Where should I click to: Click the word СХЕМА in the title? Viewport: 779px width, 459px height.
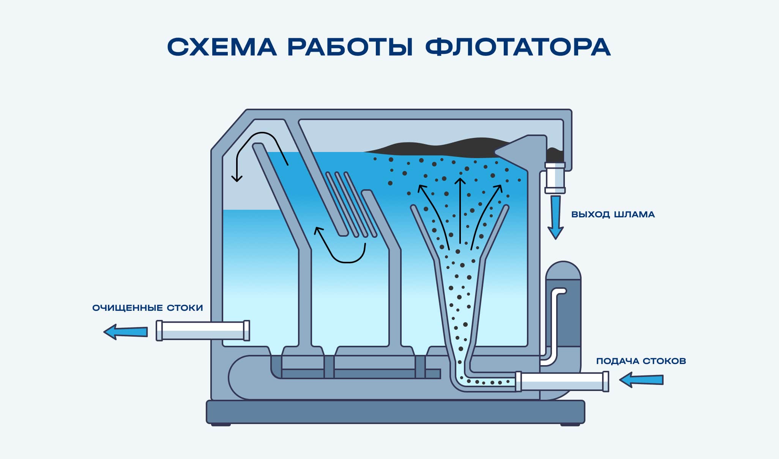coord(222,47)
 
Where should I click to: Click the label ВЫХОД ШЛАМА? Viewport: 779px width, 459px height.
coord(613,214)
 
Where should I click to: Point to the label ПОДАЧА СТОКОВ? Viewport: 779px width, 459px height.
coord(641,361)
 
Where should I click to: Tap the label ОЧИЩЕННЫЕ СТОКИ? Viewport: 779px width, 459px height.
coord(148,308)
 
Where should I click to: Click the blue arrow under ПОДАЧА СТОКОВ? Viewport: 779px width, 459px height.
coord(642,380)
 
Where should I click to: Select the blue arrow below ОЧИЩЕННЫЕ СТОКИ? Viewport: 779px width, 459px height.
coord(126,332)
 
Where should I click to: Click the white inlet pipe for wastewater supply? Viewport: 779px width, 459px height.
coord(562,381)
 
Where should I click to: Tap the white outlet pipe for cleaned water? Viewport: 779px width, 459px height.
coord(203,331)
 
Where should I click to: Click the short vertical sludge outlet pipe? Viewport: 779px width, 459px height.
coord(555,178)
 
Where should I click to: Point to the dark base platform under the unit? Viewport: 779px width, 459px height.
coord(396,412)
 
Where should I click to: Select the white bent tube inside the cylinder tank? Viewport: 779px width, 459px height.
coord(553,327)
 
